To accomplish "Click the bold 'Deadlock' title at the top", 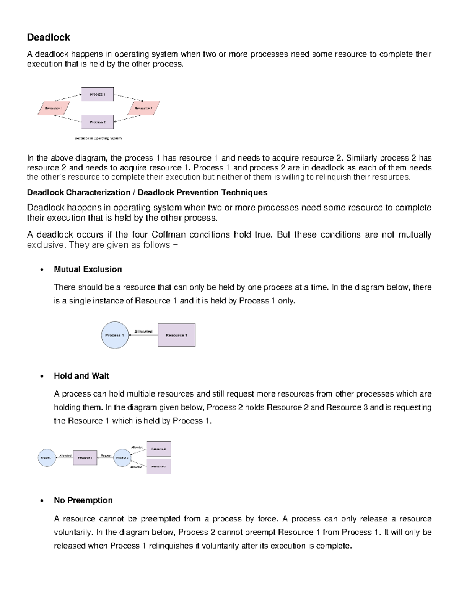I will (48, 37).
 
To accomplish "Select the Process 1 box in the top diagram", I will (98, 94).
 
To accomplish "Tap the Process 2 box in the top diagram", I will (98, 122).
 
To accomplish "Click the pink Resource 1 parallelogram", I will (54, 108).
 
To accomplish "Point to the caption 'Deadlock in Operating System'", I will (98, 138).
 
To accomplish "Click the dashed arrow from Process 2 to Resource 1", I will (68, 119).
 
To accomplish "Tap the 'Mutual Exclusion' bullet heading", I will (88, 269).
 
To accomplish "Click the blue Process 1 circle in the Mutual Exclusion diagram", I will (114, 335).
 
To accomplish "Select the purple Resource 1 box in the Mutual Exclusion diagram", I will (176, 335).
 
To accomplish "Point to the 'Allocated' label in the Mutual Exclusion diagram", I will (143, 332).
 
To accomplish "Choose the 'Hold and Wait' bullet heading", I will (81, 376).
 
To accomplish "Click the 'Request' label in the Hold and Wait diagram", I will (106, 456).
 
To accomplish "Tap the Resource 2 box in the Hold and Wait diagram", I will (158, 449).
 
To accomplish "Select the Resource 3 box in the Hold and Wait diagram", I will (158, 466).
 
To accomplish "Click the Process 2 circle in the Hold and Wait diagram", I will (122, 457).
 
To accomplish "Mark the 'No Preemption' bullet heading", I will (83, 500).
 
